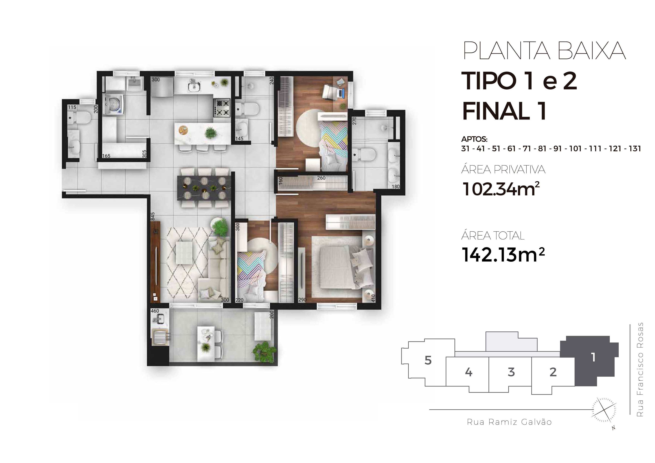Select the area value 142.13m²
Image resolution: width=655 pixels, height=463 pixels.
[x=503, y=255]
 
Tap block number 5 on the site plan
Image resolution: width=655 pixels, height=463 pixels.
[x=428, y=361]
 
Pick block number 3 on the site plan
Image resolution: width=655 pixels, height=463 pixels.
[x=511, y=372]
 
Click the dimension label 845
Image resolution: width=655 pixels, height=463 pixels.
[x=153, y=216]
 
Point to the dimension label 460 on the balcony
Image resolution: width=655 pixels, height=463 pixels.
[x=155, y=311]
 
